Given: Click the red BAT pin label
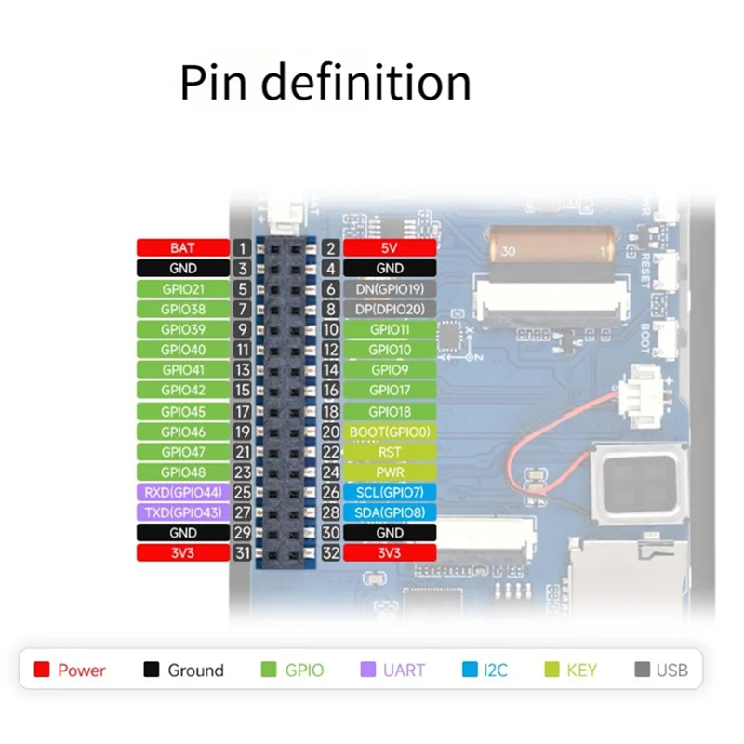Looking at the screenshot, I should [x=183, y=248].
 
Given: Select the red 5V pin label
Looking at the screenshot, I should [x=390, y=248].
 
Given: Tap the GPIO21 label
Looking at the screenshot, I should [x=183, y=289].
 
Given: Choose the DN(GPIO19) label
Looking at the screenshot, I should [x=390, y=289].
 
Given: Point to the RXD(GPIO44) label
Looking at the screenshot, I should [x=183, y=492].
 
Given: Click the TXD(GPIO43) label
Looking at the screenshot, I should [x=183, y=512].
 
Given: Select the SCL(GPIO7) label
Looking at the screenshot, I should [x=390, y=492].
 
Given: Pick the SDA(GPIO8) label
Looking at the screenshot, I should [x=390, y=512].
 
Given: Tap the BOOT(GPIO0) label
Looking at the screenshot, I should [x=390, y=432].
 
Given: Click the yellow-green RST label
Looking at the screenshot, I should [x=390, y=452].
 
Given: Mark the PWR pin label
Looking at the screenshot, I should [x=390, y=472].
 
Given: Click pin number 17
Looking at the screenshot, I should [x=242, y=411].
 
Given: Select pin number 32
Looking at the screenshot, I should [x=330, y=553].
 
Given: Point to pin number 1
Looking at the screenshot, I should [x=242, y=248].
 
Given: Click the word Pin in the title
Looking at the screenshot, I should [x=213, y=83].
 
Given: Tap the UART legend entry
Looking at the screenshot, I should [x=393, y=670].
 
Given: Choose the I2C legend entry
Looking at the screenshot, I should [x=485, y=670].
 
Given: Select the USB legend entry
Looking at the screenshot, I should [x=663, y=670].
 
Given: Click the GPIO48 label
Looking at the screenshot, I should [x=183, y=472].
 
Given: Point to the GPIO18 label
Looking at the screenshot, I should [x=390, y=411].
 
